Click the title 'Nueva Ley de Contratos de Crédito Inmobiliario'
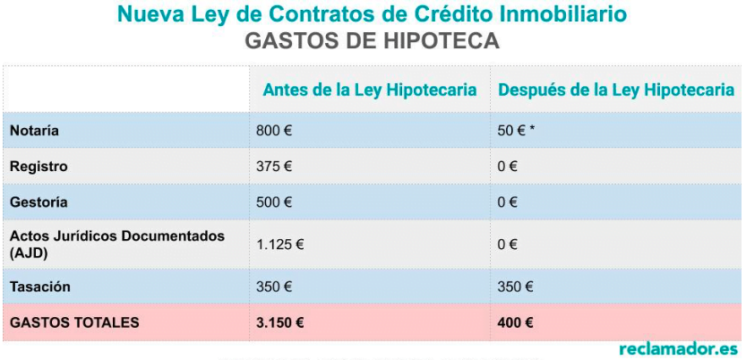point(372,15)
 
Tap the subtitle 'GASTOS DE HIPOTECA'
point(372,42)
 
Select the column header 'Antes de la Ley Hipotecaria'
point(369,90)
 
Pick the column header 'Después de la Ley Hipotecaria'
point(616,90)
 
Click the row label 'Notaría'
point(34,131)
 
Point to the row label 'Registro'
point(39,167)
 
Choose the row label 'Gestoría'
point(39,202)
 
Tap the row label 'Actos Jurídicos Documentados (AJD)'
point(116,244)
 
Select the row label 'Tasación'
point(40,287)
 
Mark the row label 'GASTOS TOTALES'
point(74,322)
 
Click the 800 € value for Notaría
point(274,131)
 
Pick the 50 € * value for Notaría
point(517,131)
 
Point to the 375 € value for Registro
point(274,167)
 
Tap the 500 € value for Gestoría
point(274,202)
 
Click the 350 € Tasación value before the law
point(274,287)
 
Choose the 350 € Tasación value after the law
point(515,287)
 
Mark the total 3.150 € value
point(279,322)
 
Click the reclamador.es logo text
point(678,347)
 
